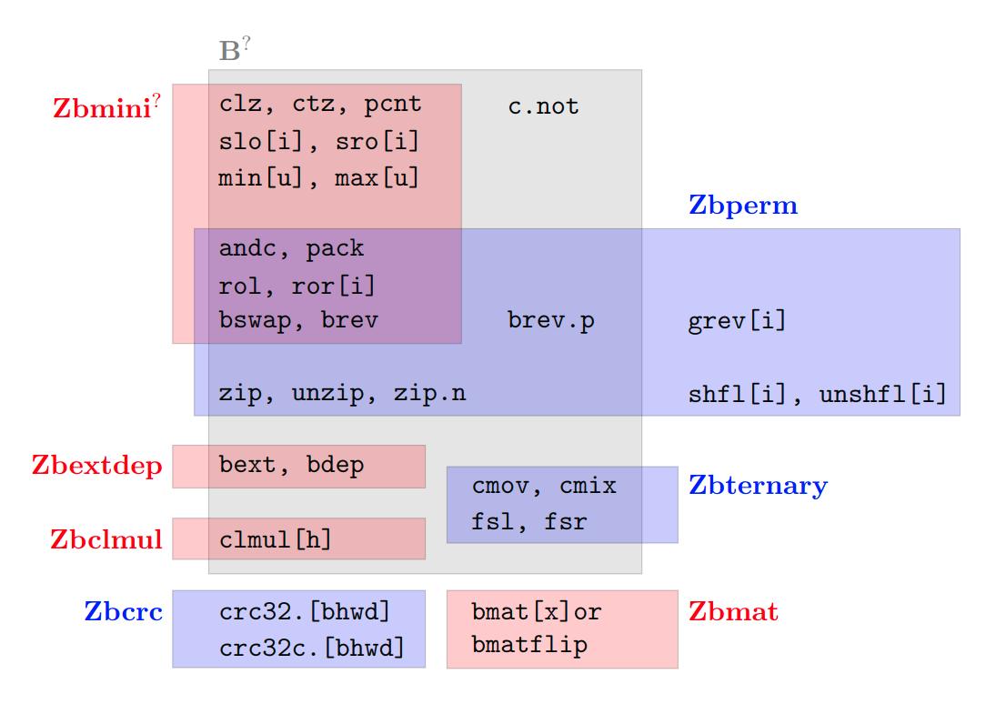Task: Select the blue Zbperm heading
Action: coord(742,206)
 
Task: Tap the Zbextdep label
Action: coord(97,467)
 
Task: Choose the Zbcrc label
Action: coord(124,611)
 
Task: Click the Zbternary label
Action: coord(758,486)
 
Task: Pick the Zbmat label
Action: coord(733,611)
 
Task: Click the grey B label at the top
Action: coord(231,51)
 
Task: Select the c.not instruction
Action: coord(543,106)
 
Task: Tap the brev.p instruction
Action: coord(550,321)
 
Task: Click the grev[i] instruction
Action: coord(737,321)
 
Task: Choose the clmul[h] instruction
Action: coord(276,539)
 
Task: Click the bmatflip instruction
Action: coord(529,646)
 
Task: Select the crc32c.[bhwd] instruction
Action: coord(311,648)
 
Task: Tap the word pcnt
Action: coord(392,105)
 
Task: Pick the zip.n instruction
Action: coord(429,395)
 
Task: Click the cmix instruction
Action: coord(587,487)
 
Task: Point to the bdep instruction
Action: coord(335,466)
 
